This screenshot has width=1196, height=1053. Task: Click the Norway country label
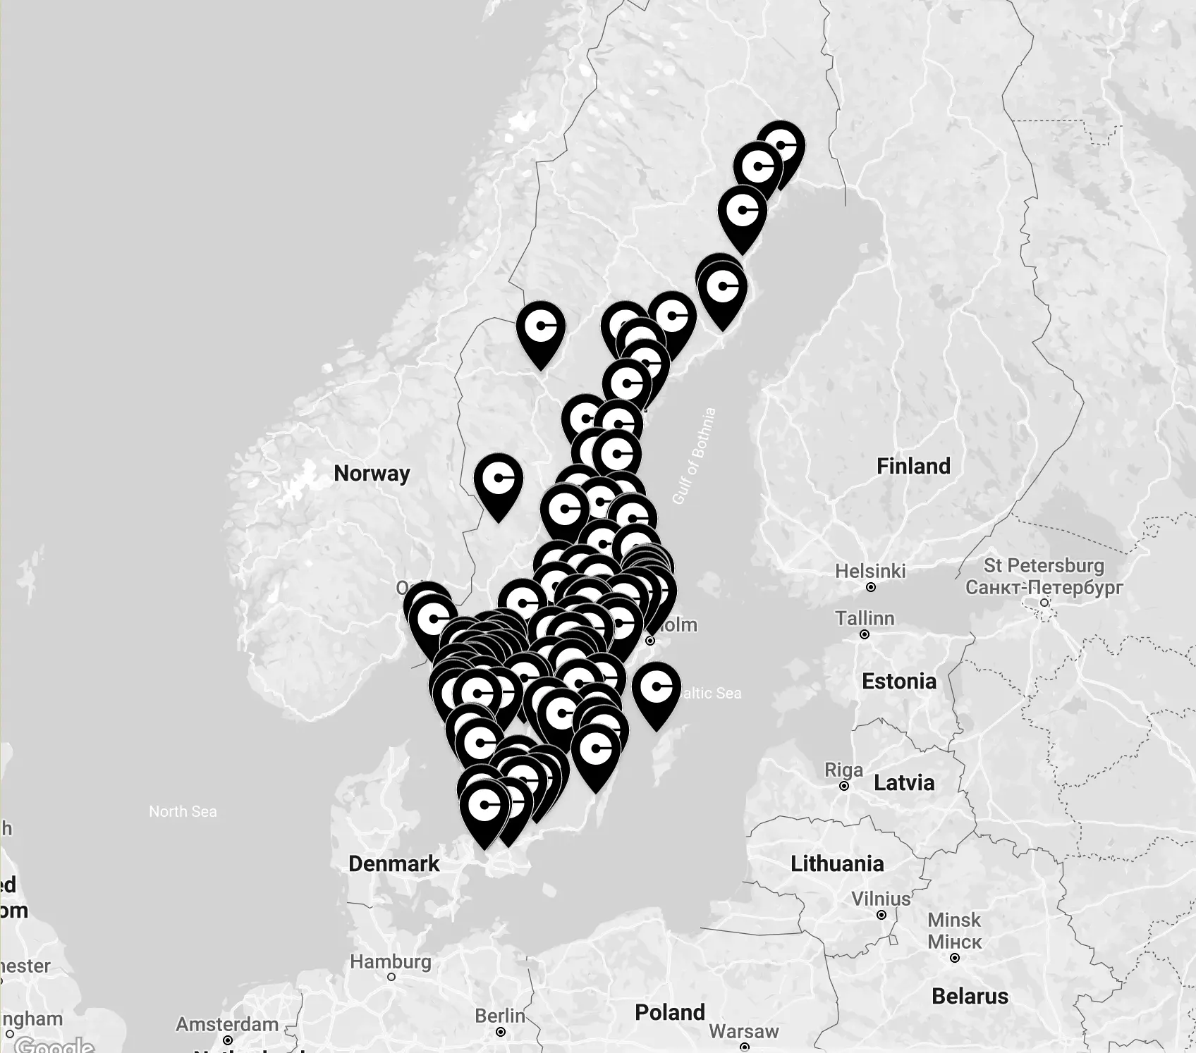[372, 473]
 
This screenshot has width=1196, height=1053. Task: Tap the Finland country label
[913, 466]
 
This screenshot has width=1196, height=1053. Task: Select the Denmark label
[393, 863]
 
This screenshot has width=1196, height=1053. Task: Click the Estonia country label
[899, 681]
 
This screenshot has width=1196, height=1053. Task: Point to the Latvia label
[904, 782]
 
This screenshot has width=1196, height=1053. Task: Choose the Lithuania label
[837, 863]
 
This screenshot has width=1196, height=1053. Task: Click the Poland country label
[670, 1012]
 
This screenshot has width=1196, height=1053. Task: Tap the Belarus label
[970, 996]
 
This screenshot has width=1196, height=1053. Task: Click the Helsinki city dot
[871, 587]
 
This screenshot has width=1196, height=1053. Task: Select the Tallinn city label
[865, 618]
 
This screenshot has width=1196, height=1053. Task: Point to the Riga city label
[844, 770]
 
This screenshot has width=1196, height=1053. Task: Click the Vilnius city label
[881, 899]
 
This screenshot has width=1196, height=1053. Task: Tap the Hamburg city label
[391, 961]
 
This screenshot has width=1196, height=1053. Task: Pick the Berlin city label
[500, 1016]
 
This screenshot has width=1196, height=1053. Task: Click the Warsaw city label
[744, 1031]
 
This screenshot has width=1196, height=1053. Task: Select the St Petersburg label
[1044, 565]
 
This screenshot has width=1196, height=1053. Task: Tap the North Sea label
[183, 811]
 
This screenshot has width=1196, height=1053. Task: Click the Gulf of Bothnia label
[694, 456]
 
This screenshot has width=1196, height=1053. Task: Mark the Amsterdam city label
[227, 1024]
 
